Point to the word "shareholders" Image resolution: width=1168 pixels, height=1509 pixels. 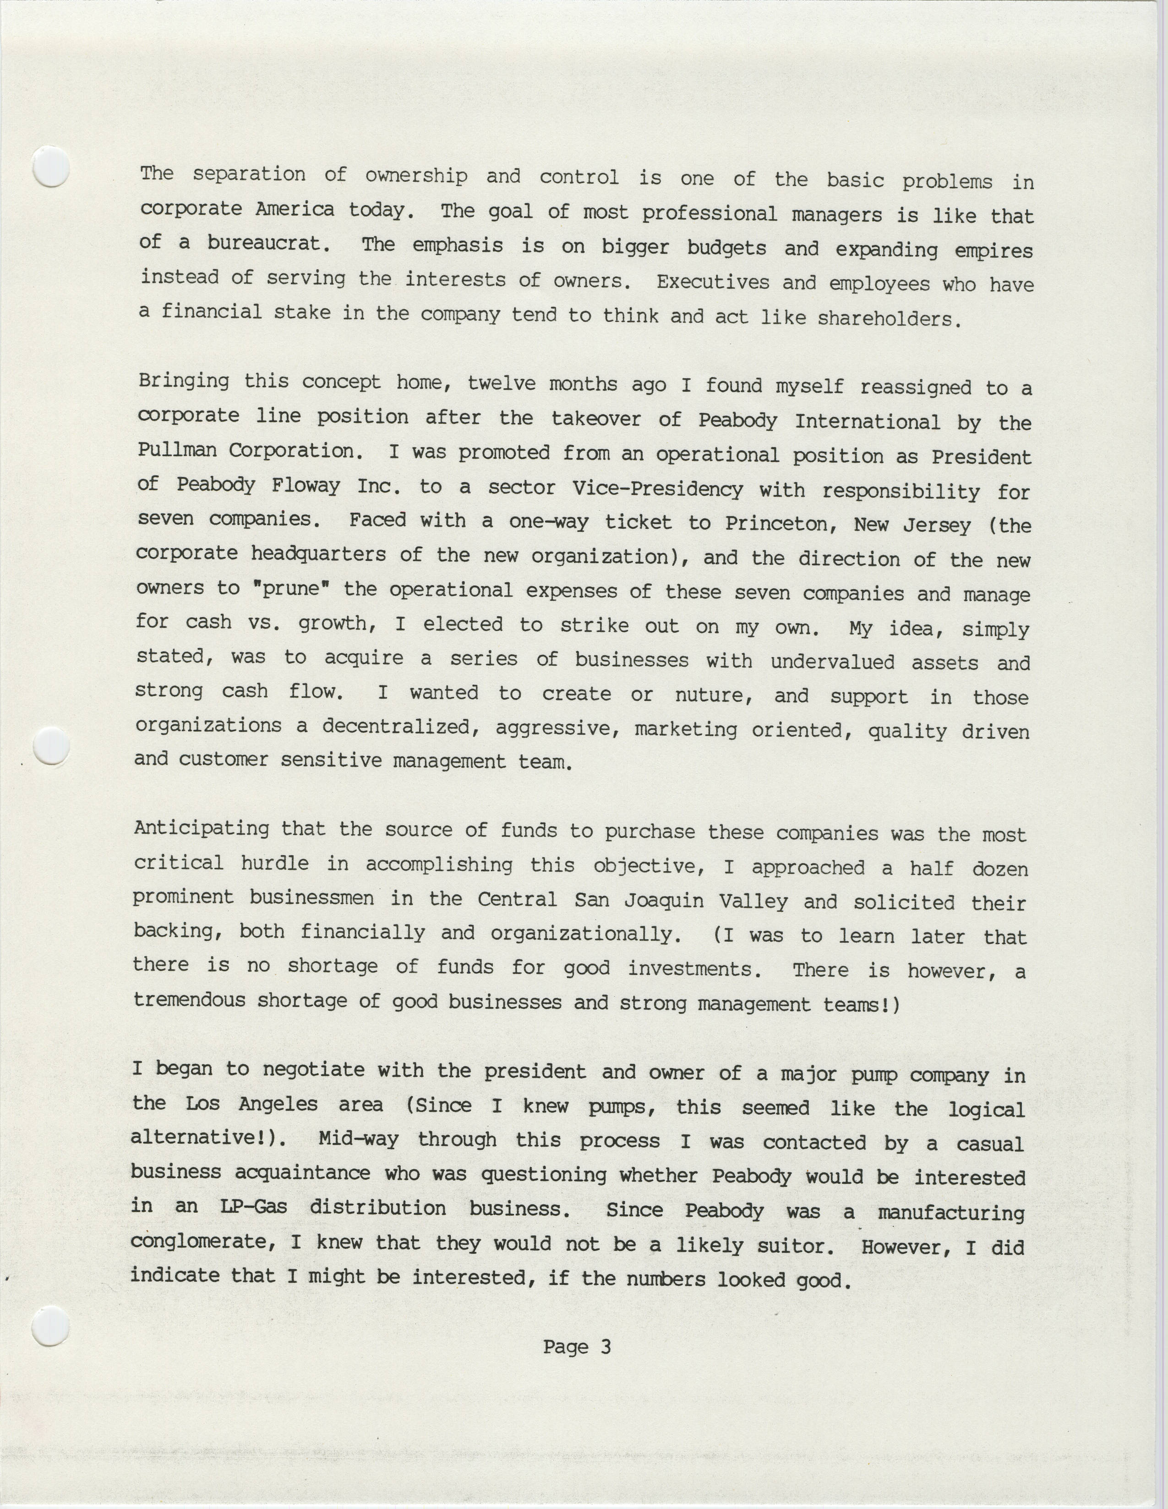(x=888, y=319)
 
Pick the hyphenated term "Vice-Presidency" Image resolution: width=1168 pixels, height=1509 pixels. (x=657, y=489)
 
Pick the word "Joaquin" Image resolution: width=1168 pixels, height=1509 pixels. (x=664, y=900)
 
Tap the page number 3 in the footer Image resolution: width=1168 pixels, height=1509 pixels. (x=606, y=1346)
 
